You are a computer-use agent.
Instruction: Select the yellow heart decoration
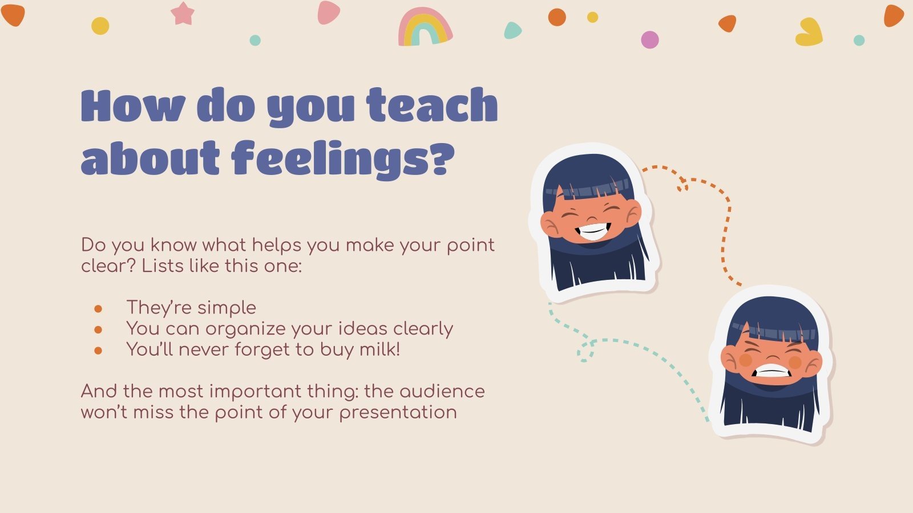pyautogui.click(x=809, y=32)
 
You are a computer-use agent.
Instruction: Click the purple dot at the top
pyautogui.click(x=650, y=39)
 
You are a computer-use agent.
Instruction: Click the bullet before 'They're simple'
pyautogui.click(x=98, y=308)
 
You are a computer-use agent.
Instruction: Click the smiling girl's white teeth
pyautogui.click(x=593, y=231)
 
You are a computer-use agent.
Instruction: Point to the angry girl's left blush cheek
pyautogui.click(x=745, y=360)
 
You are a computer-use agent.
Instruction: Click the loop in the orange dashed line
pyautogui.click(x=682, y=184)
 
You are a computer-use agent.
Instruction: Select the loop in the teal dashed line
pyautogui.click(x=585, y=350)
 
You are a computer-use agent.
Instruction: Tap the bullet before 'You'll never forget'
pyautogui.click(x=98, y=351)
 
